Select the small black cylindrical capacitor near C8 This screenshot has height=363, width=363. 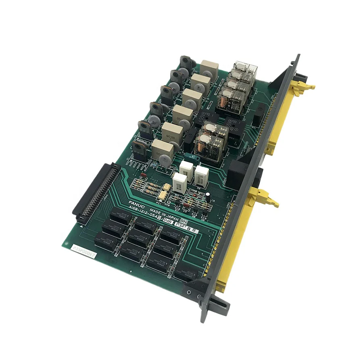[x=207, y=196]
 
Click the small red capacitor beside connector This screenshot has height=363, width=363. [x=142, y=176]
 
